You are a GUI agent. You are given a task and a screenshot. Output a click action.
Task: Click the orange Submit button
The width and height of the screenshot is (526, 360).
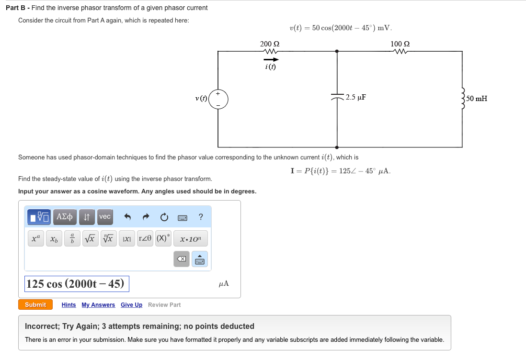35,305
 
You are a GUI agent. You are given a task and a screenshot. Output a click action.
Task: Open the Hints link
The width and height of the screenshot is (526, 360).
69,305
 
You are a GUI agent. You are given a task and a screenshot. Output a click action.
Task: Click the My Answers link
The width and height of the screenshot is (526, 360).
98,305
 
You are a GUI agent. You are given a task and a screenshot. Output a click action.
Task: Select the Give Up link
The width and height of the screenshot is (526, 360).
131,305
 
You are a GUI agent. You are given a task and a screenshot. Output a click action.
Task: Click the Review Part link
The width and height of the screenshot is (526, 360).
164,305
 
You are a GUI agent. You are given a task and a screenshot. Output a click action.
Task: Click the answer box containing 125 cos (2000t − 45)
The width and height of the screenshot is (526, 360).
77,284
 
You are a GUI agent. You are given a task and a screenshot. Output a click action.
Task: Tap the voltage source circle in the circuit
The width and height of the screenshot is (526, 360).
218,99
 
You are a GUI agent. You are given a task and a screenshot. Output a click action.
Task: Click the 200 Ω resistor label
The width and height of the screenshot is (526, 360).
270,44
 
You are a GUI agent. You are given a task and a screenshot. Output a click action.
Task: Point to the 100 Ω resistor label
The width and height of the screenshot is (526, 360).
400,44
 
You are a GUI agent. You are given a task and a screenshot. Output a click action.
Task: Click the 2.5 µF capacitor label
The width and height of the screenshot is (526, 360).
356,98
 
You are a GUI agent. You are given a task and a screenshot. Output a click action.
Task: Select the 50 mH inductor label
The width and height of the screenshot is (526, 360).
477,99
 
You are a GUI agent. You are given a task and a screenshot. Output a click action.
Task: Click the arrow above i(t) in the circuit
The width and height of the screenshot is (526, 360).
271,59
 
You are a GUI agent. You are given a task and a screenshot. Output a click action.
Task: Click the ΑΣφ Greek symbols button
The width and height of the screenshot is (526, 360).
65,217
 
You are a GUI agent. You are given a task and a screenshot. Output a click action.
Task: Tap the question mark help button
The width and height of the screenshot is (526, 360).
201,217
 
